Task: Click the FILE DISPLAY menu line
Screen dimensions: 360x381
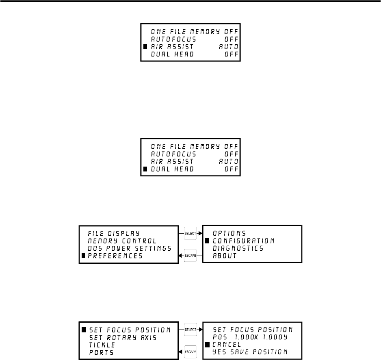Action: (114, 233)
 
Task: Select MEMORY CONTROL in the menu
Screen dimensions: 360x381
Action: (122, 241)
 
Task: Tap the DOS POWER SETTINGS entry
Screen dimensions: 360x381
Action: (129, 248)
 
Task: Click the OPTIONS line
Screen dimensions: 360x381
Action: (229, 233)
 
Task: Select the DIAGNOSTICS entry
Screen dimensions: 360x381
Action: (238, 248)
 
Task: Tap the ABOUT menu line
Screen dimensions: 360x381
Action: (225, 256)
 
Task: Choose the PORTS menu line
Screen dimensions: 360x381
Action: (100, 351)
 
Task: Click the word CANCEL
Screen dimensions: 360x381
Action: (227, 344)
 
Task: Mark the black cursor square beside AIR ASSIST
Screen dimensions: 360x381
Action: (145, 47)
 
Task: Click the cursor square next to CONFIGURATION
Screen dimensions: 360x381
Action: (207, 241)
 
